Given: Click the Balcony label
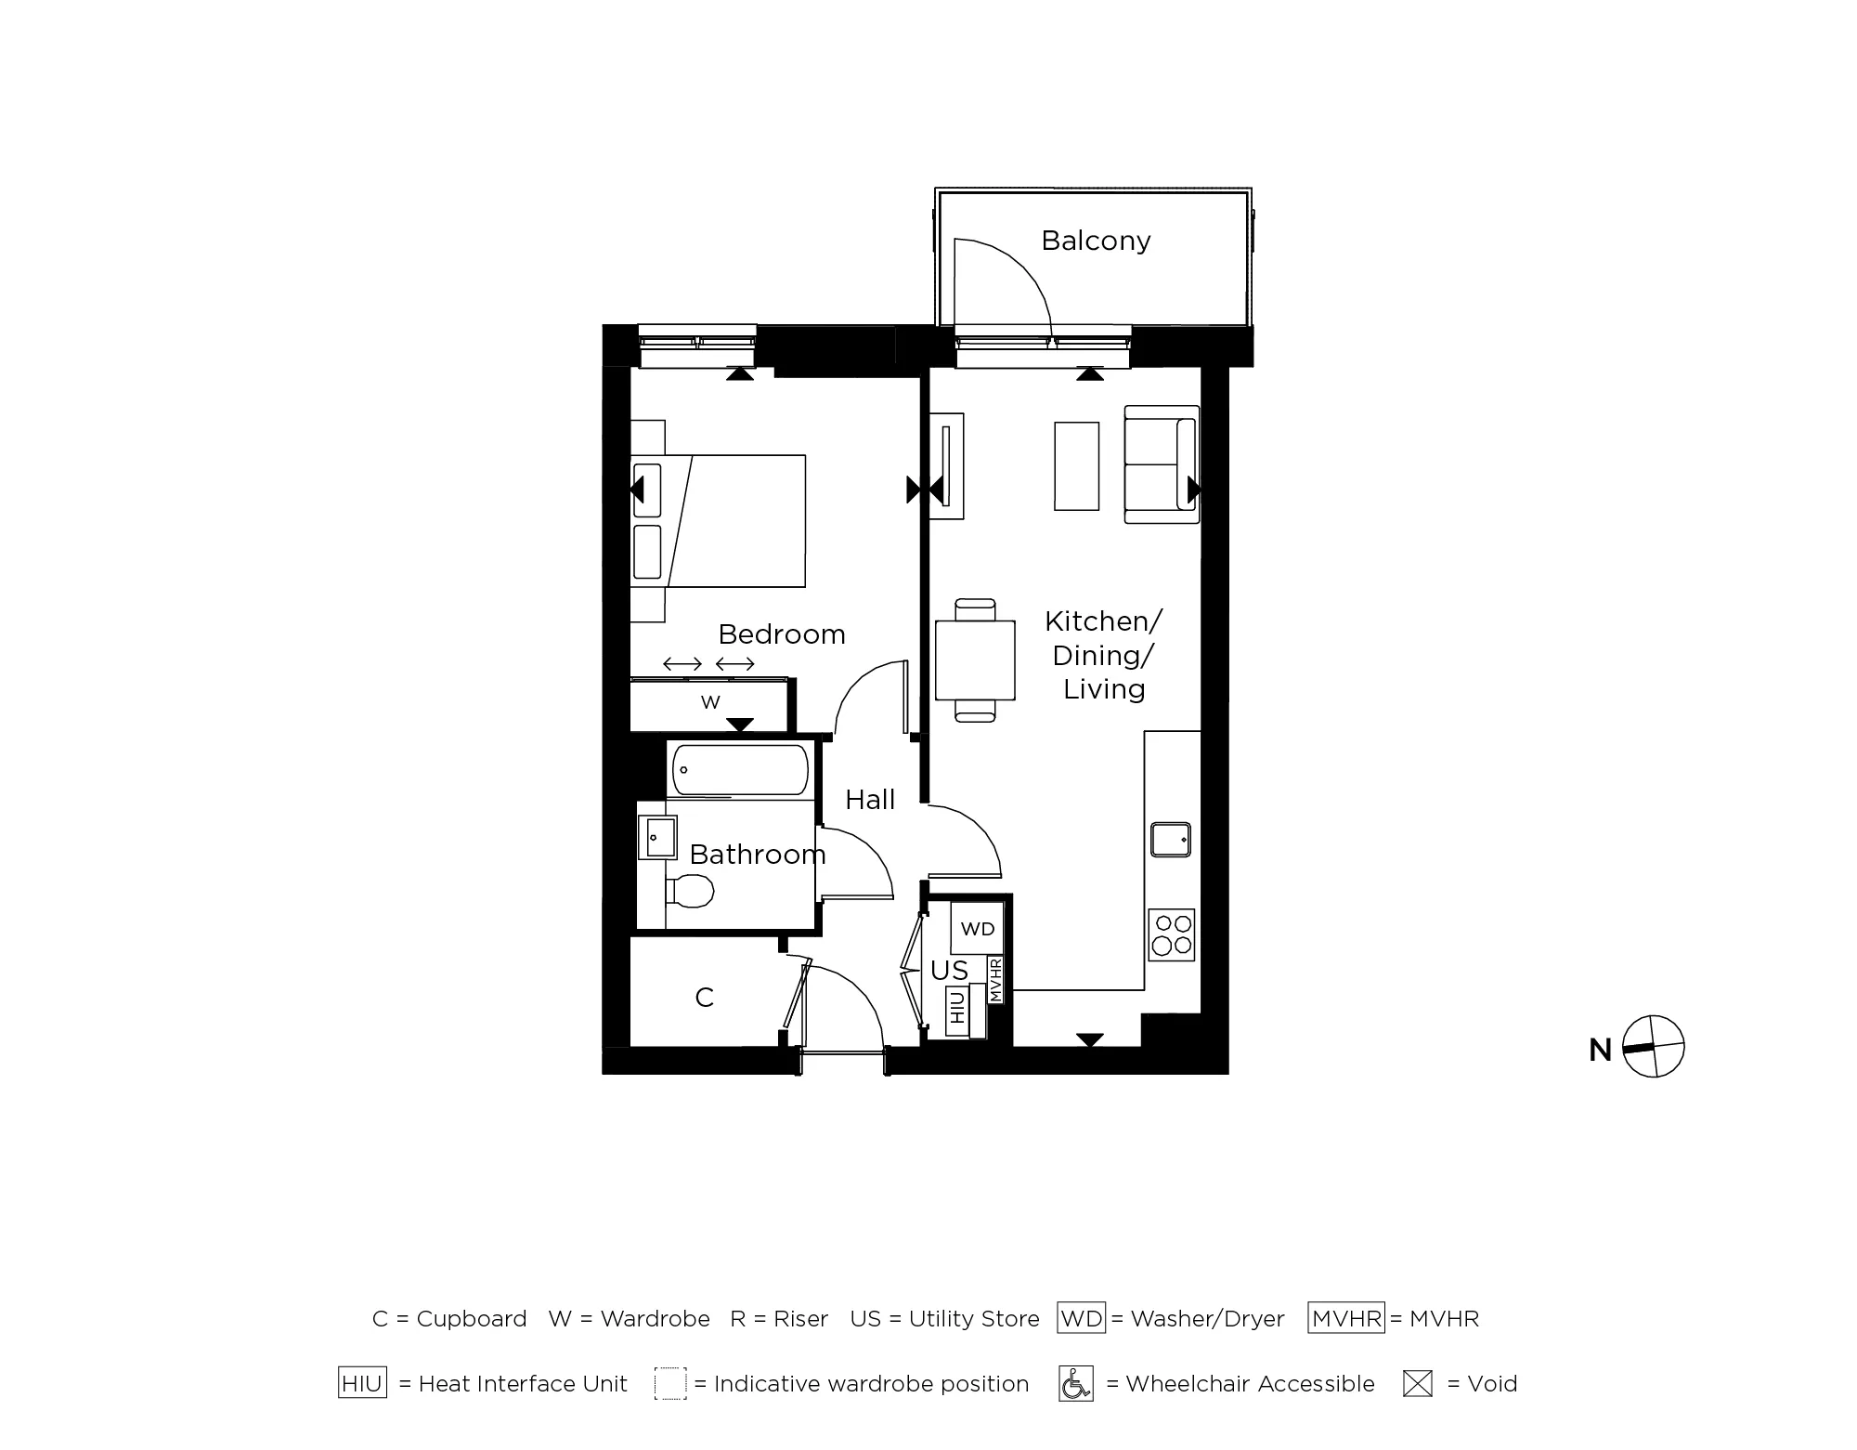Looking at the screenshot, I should [1096, 241].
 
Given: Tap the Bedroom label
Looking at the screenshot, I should [782, 634].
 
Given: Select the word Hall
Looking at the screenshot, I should [870, 800].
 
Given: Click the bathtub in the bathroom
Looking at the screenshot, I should [740, 770].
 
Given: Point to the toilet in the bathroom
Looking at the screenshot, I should [691, 891].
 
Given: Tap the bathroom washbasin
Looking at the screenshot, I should [658, 837].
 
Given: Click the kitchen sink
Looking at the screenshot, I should [1170, 840].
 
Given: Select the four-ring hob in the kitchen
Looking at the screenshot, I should [1171, 934].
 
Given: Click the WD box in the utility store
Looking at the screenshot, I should [977, 929].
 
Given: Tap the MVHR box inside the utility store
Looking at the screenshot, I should [995, 980].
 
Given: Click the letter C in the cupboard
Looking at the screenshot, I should [704, 998].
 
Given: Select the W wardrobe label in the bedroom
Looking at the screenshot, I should [710, 703].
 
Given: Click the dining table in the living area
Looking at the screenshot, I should [975, 660].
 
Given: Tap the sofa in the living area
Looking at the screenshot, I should [1162, 464].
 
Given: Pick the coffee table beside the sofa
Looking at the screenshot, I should [1076, 466].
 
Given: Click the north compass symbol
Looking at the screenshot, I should [1653, 1047].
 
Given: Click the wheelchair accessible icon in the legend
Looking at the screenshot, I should [1076, 1384].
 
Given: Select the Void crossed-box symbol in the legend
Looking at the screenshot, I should [1417, 1384].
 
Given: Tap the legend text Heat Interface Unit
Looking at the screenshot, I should [523, 1384].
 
